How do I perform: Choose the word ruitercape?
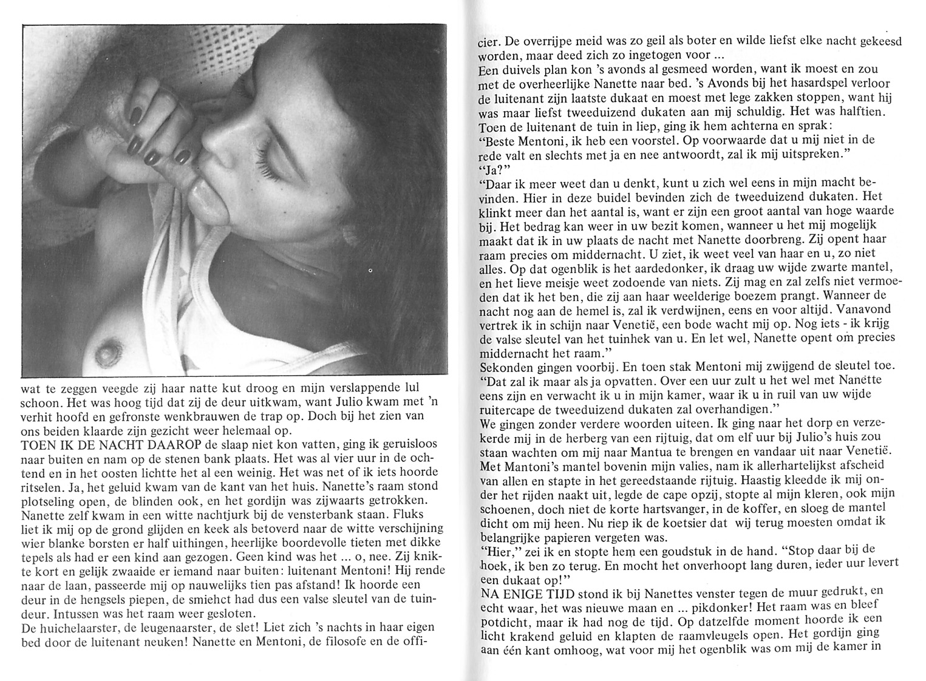(x=511, y=408)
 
